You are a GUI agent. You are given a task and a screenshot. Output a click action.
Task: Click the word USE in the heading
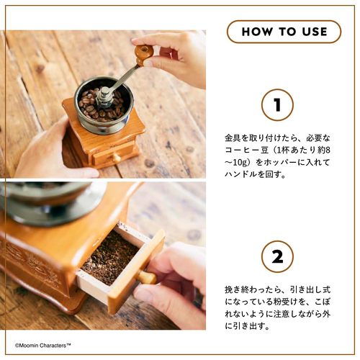pos(315,32)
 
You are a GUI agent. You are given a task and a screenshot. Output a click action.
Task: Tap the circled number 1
pos(277,104)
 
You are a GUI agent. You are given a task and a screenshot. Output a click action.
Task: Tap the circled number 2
pos(277,256)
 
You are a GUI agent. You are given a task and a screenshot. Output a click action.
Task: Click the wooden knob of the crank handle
pos(142,54)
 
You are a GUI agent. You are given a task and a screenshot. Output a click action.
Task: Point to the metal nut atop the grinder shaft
pos(104,94)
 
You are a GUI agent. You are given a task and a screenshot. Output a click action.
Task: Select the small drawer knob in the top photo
pos(117,157)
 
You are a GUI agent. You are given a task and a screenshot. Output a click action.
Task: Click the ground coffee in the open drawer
pos(110,258)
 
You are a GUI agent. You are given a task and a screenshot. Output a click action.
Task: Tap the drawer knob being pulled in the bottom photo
pos(146,277)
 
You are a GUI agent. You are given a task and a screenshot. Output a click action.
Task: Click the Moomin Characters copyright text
pos(43,346)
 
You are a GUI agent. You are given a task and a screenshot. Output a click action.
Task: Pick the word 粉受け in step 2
pos(286,302)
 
